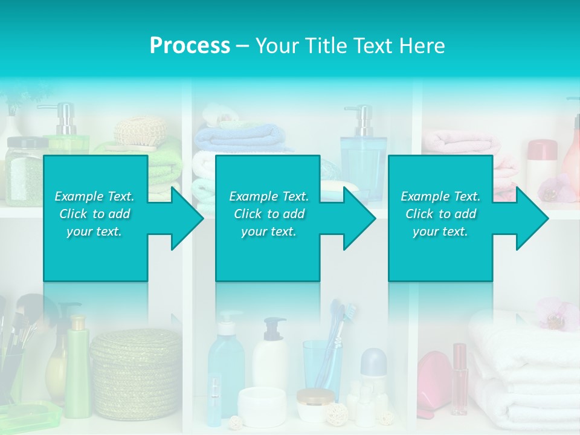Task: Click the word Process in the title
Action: coord(190,46)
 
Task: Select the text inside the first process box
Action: coord(95,214)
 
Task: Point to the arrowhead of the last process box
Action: coord(532,218)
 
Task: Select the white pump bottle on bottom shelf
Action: coord(269,356)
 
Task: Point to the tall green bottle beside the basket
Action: coord(77,369)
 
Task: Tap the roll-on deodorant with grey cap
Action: coord(373,375)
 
